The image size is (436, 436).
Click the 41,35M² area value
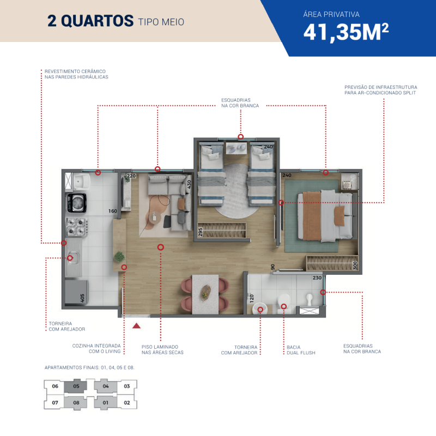tap(346, 32)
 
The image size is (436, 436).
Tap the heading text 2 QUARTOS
tap(90, 21)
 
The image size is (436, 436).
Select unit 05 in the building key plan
tap(76, 386)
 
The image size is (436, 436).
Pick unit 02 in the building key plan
tap(127, 403)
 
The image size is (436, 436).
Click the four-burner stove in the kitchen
tap(76, 226)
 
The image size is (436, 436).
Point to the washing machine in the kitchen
tap(76, 203)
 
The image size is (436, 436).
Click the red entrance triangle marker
tap(136, 325)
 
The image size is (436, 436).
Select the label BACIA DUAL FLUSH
tap(301, 350)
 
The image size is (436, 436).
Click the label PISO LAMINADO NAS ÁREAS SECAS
tap(162, 350)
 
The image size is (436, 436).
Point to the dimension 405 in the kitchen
tap(82, 298)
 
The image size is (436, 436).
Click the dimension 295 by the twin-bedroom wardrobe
tap(201, 232)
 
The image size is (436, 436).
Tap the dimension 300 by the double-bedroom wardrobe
tap(355, 265)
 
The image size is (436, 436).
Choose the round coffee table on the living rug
tap(155, 217)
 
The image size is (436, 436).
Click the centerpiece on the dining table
tap(205, 293)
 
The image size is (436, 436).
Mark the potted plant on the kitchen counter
tap(119, 256)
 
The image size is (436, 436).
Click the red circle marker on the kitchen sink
tap(70, 258)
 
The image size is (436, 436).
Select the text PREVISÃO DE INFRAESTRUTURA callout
tap(380, 87)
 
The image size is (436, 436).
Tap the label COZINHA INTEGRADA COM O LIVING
tap(96, 348)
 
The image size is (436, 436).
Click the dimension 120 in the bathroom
tap(252, 298)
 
